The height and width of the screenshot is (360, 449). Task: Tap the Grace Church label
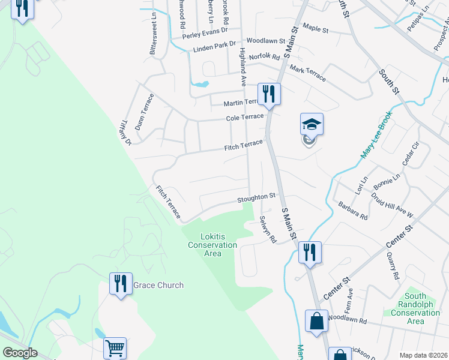(x=158, y=285)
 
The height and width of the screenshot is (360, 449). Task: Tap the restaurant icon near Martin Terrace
(x=268, y=94)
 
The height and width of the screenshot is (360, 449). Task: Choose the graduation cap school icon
(x=312, y=125)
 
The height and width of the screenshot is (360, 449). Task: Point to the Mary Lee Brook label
(x=376, y=134)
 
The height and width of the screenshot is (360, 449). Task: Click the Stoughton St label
(x=255, y=196)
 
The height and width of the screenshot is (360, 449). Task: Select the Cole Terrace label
(x=245, y=117)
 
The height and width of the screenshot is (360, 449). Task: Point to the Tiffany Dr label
(x=125, y=132)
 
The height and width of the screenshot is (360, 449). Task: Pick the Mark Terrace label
(x=307, y=70)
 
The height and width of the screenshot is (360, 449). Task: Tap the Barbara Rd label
(x=352, y=211)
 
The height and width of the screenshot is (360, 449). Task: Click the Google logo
(x=20, y=353)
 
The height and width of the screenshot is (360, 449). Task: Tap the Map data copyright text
(x=423, y=355)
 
